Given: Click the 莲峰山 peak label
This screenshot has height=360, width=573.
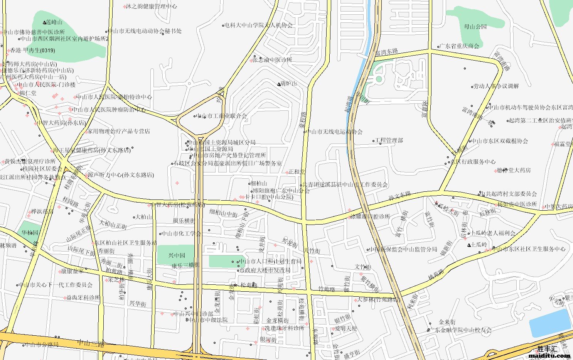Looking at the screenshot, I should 54,23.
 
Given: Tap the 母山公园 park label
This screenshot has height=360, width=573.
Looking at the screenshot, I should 475,27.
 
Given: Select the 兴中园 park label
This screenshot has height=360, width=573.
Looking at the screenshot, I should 177,255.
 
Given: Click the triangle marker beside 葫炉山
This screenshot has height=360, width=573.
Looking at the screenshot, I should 279,84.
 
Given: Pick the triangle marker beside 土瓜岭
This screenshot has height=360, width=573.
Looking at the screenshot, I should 469,245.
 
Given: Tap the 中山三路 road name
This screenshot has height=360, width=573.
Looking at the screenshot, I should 91,343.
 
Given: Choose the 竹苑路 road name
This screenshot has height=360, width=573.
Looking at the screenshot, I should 327,289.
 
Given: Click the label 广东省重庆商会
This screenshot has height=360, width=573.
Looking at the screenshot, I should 460,46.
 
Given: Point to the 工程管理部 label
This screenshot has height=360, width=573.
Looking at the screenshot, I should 389,140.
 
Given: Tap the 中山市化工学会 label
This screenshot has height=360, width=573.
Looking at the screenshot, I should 181,233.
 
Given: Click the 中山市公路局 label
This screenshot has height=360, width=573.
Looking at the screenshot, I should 42,345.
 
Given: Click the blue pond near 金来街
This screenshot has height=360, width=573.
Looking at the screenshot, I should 549,323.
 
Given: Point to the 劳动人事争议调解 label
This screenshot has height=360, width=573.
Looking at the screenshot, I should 496,86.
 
